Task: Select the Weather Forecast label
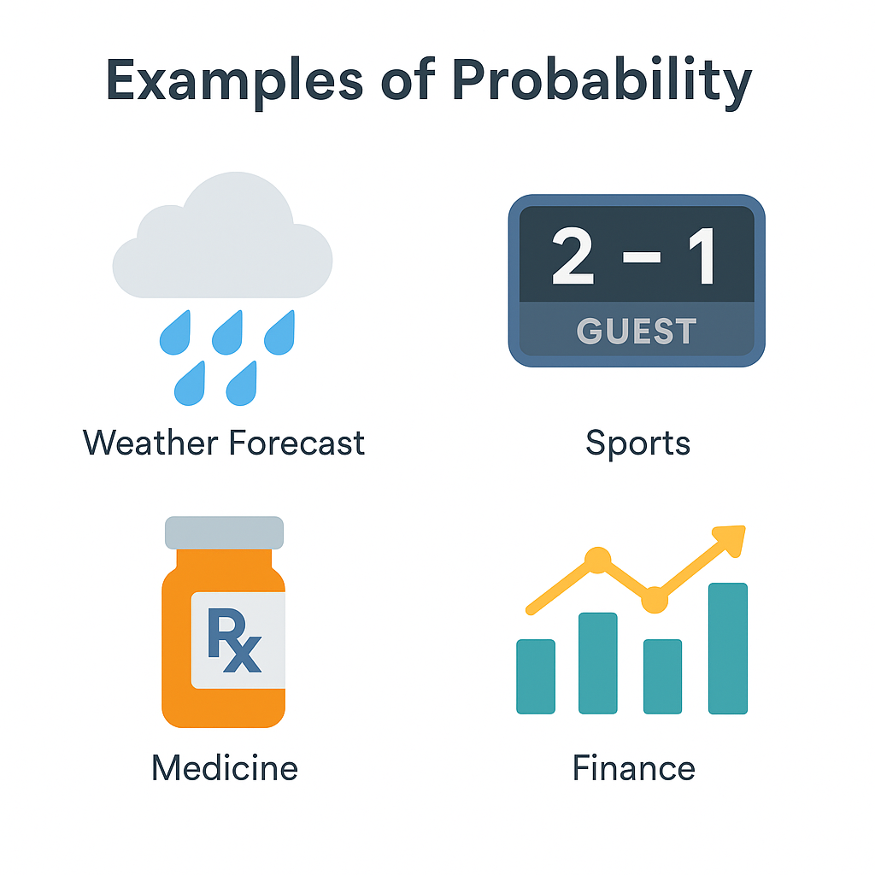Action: point(223,443)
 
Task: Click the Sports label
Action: point(637,444)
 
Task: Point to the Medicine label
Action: point(225,768)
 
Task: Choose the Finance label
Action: point(634,768)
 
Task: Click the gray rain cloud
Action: point(223,235)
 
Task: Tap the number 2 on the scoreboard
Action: point(573,256)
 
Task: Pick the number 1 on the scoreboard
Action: point(702,256)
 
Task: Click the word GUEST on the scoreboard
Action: point(637,331)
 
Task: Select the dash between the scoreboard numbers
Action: point(642,257)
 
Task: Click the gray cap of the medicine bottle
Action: point(225,532)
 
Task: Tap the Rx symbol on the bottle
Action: point(234,640)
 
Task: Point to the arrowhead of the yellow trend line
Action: point(732,538)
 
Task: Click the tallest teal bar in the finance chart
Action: point(728,649)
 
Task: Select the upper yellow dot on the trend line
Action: point(597,560)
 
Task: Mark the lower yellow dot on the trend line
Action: point(655,600)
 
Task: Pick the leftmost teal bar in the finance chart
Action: point(536,677)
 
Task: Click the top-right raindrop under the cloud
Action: point(279,333)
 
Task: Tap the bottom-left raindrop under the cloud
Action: point(190,384)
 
